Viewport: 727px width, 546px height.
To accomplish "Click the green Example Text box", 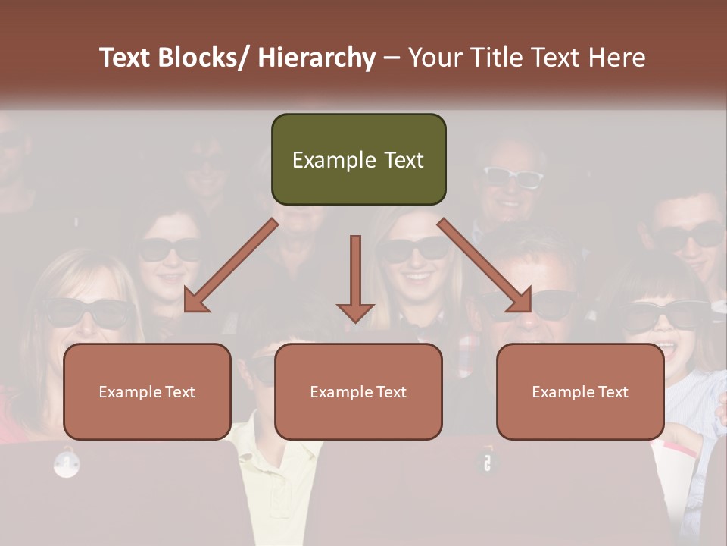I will pyautogui.click(x=358, y=159).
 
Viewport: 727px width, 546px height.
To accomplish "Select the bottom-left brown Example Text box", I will pyautogui.click(x=147, y=391).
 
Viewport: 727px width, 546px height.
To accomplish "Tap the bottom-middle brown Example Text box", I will pyautogui.click(x=358, y=391).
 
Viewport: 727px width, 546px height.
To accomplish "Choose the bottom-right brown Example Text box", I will pyautogui.click(x=580, y=391).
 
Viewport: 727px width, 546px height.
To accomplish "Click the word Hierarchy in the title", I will pyautogui.click(x=317, y=58).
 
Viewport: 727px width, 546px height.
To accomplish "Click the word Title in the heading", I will pyautogui.click(x=492, y=58).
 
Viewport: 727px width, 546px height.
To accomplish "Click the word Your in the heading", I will pyautogui.click(x=435, y=58).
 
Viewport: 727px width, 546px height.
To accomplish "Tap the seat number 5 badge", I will pyautogui.click(x=487, y=462).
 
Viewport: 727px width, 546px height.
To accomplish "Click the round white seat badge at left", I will pyautogui.click(x=67, y=463).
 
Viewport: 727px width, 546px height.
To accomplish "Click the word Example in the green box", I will pyautogui.click(x=323, y=160).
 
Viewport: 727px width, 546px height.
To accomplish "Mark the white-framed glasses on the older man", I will pyautogui.click(x=513, y=177).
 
